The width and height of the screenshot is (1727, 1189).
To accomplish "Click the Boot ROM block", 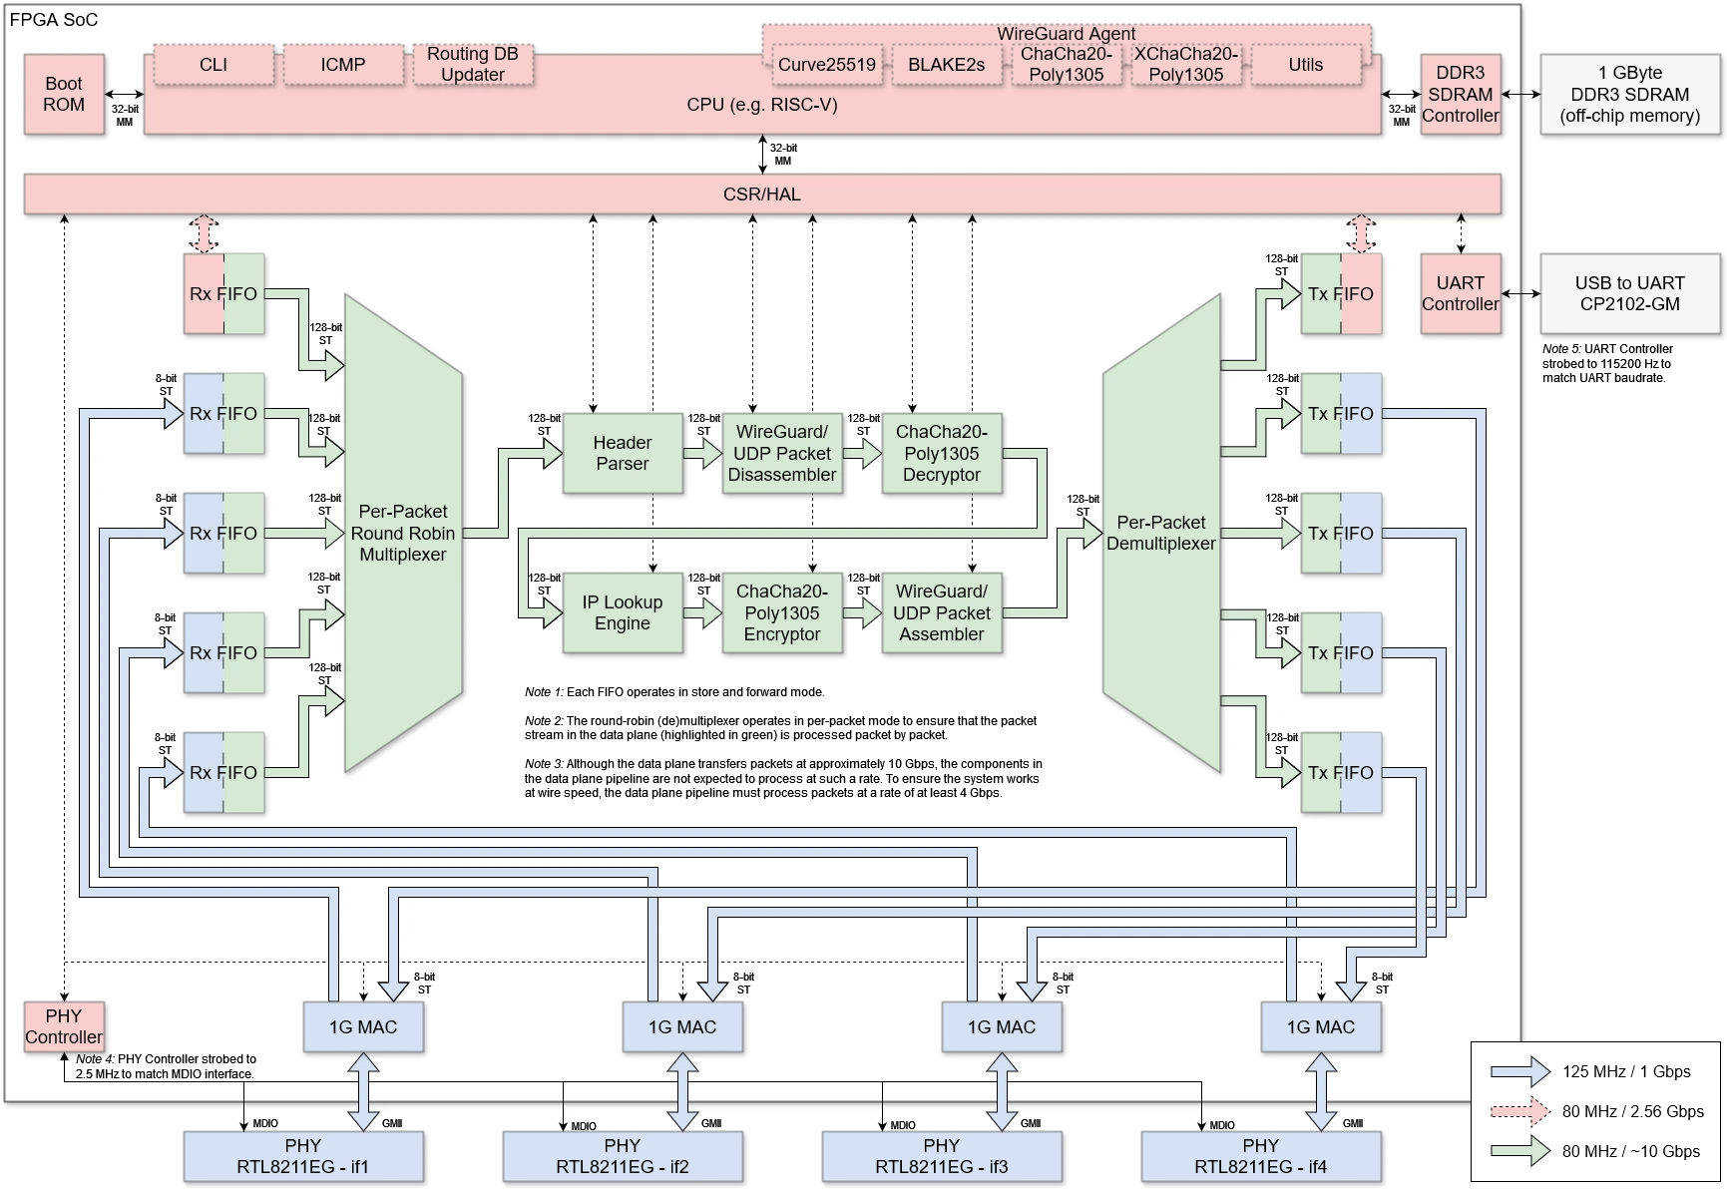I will point(64,95).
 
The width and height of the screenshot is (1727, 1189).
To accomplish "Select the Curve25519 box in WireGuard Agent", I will point(826,65).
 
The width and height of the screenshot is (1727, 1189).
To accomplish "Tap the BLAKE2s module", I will point(946,65).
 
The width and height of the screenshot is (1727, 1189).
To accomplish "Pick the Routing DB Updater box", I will point(472,65).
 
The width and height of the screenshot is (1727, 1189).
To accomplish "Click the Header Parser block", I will point(622,453).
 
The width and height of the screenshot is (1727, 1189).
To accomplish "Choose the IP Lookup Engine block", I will point(622,612).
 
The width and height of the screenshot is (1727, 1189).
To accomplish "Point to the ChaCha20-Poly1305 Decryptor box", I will point(941,453).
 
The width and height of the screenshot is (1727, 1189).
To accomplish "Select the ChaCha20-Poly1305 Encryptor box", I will point(781,612).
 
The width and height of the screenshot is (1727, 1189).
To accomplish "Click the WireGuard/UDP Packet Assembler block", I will point(941,612).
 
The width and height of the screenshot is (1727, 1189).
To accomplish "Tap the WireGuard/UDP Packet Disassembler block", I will point(781,453).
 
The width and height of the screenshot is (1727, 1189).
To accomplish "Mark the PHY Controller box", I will point(64,1026).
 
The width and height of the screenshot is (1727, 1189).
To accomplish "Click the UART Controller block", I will point(1460,293).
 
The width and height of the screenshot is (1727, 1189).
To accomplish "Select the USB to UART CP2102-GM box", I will point(1629,293).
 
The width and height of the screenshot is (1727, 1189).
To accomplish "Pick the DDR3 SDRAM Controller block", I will point(1460,94).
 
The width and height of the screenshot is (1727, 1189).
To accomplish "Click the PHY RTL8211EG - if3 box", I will point(941,1156).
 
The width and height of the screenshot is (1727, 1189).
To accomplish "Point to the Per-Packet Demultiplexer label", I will point(1160,533).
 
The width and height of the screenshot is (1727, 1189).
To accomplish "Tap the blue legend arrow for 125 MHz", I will point(1519,1071).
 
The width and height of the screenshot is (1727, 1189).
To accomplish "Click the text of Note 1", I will point(674,692).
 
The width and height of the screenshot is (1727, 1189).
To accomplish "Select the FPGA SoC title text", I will point(54,20).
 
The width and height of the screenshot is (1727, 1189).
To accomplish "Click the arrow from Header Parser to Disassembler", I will point(703,453).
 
